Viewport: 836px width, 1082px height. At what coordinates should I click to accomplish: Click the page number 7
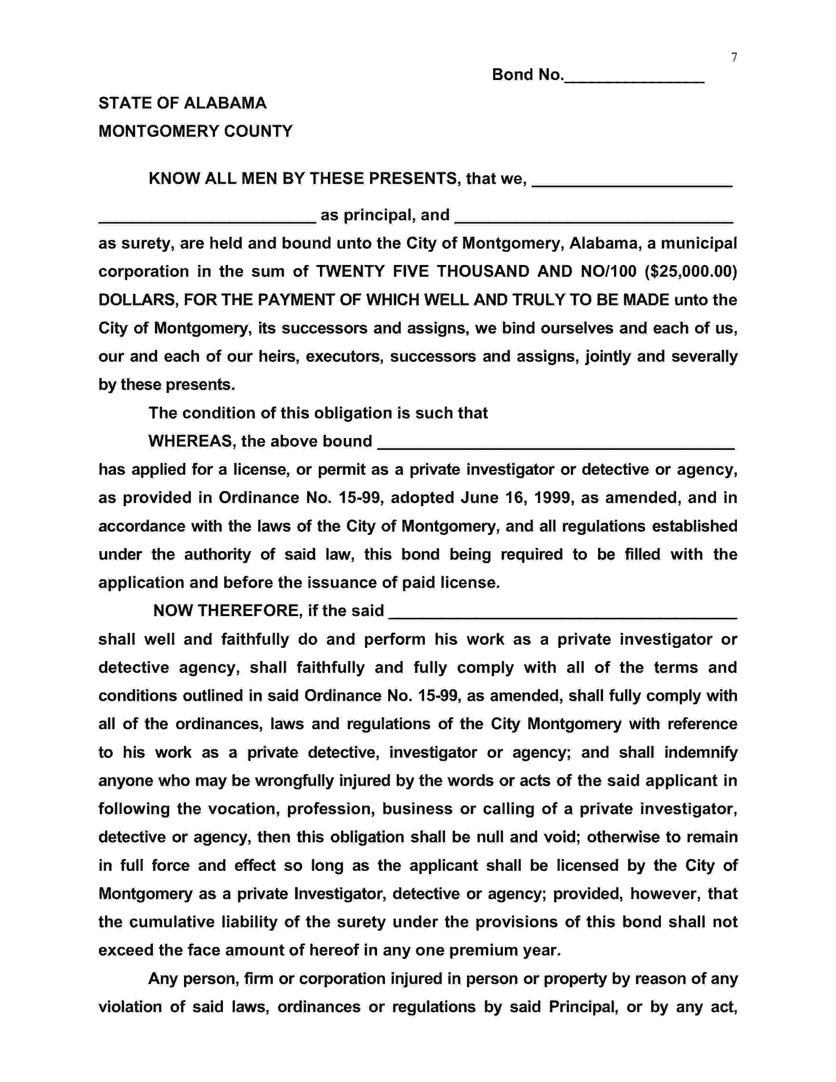coord(734,58)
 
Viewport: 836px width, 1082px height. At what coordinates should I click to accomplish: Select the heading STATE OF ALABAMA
coord(182,103)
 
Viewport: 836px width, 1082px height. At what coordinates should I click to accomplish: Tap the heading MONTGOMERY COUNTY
coord(196,131)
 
